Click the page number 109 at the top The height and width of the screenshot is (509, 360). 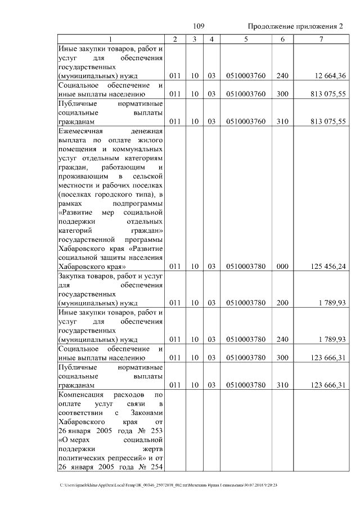(199, 26)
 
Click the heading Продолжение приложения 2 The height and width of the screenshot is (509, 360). (295, 26)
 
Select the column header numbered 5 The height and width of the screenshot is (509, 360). (246, 39)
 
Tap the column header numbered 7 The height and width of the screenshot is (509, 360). (321, 39)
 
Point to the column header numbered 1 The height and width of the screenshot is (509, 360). (110, 39)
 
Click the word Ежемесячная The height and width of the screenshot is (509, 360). (80, 131)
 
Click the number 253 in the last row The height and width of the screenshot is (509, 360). (156, 430)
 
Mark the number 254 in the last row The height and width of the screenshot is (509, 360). (156, 466)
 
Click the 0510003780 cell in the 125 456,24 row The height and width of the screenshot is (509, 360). (246, 267)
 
